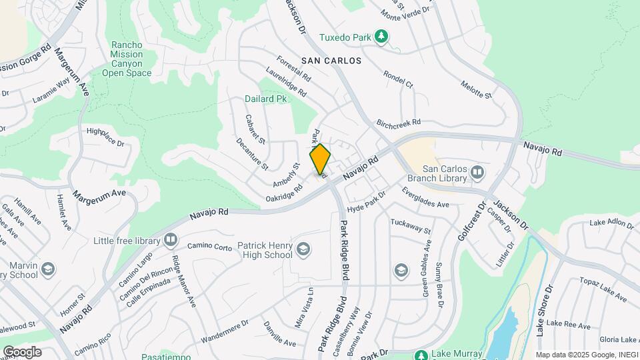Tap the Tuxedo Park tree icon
[381, 36]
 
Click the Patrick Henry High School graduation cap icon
[304, 249]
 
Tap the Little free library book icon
[171, 240]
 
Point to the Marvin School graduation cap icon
[47, 269]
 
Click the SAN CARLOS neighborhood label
[331, 61]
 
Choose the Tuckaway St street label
[411, 226]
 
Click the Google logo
[22, 351]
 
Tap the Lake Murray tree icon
[421, 355]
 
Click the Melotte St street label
[476, 90]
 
